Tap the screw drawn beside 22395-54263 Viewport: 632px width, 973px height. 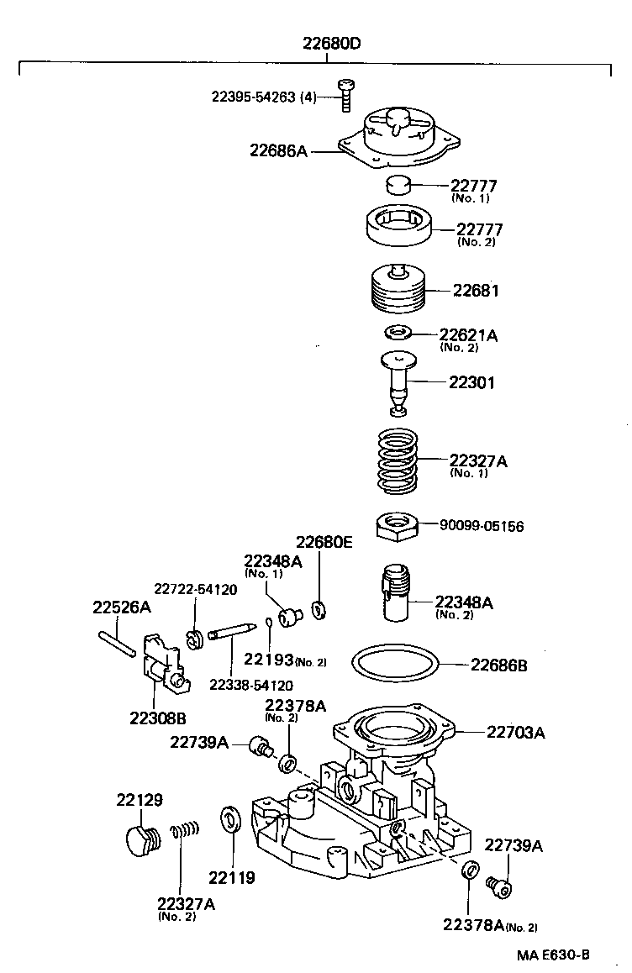345,94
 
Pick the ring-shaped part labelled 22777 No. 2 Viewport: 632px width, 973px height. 400,227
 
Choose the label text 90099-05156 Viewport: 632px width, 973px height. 482,527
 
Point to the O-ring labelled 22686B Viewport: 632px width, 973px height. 396,665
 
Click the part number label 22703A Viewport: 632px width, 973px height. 515,732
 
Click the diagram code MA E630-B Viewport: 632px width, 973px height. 552,955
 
